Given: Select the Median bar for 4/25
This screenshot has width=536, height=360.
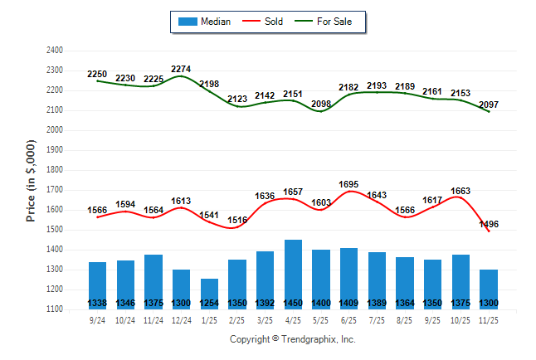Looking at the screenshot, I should click(293, 274).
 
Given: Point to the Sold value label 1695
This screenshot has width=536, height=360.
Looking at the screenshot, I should click(349, 184).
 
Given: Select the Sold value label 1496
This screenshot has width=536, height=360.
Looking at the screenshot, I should click(489, 224).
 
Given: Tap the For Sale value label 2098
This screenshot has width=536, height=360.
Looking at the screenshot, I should click(321, 104).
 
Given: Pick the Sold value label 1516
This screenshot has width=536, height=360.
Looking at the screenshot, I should click(237, 220).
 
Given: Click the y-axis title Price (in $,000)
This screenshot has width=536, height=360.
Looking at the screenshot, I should click(31, 179).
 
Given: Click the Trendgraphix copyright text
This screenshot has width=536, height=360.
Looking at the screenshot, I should click(292, 339).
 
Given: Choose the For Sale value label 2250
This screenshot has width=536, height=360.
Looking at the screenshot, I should click(98, 74).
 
